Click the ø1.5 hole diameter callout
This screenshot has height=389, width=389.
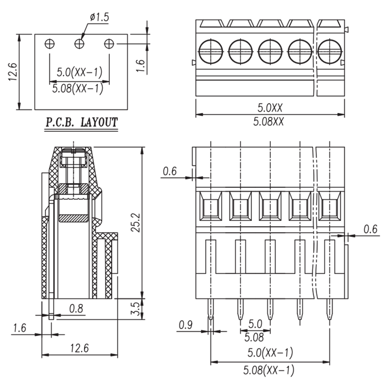click(99, 17)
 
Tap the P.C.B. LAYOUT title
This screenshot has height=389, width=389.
click(81, 123)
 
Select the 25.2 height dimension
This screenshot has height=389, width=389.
click(136, 223)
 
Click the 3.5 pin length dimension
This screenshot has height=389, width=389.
click(135, 309)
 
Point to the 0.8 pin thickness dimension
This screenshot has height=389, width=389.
click(76, 309)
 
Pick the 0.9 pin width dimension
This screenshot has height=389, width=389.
click(186, 325)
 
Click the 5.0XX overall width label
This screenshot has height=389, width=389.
click(270, 107)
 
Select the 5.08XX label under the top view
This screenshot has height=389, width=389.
click(268, 122)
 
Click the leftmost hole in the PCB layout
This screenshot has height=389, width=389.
click(50, 44)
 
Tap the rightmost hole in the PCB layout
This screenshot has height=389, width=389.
click(109, 44)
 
